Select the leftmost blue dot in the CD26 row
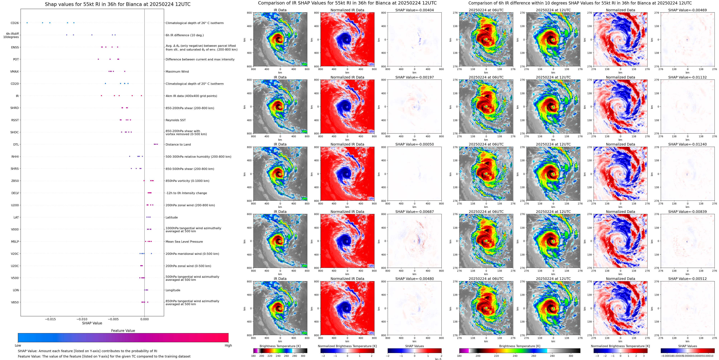[x=27, y=23]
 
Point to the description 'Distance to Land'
[x=178, y=144]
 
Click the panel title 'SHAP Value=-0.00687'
[x=415, y=212]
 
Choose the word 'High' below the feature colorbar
[x=228, y=345]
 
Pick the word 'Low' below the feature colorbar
[x=18, y=345]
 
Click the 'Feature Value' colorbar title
[x=123, y=331]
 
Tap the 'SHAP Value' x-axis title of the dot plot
[x=92, y=323]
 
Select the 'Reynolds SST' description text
[x=175, y=120]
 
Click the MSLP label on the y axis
[x=15, y=242]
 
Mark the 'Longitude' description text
[x=173, y=290]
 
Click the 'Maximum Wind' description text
[x=177, y=71]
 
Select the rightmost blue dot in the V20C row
[x=151, y=254]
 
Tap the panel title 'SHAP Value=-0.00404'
[x=415, y=10]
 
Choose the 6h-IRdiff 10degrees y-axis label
[x=11, y=35]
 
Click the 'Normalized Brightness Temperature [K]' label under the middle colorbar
[x=347, y=346]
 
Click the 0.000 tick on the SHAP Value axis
[x=144, y=319]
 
